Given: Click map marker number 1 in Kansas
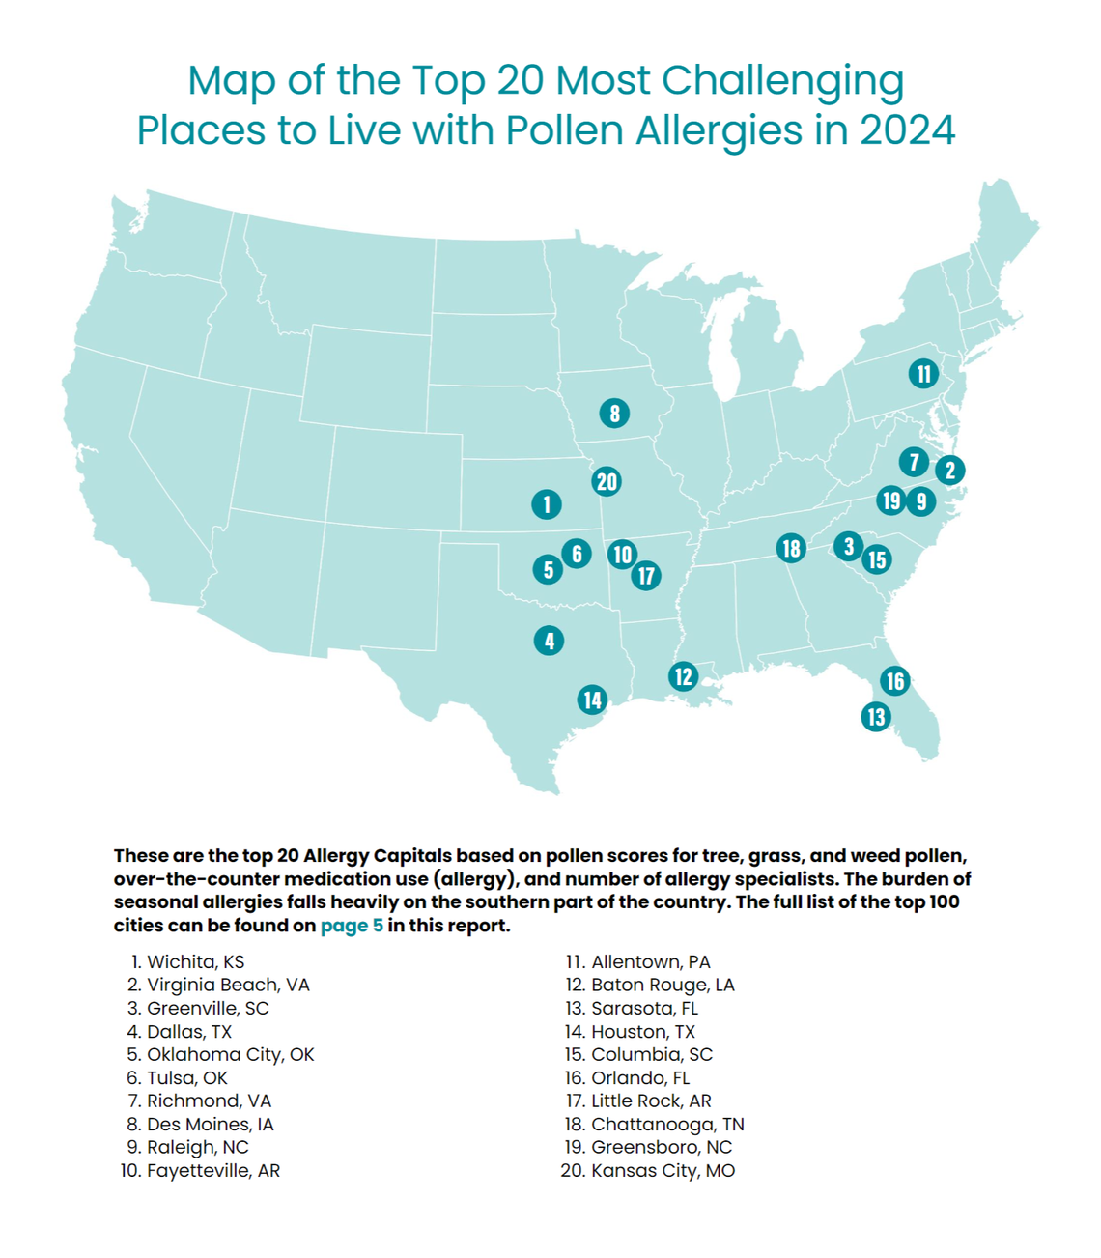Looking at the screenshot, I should pyautogui.click(x=547, y=503).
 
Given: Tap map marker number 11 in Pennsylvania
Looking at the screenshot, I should pyautogui.click(x=924, y=373).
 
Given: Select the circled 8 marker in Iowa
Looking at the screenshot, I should pyautogui.click(x=614, y=414).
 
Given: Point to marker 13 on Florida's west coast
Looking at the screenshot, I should pyautogui.click(x=876, y=716).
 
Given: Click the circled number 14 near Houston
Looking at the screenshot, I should pyautogui.click(x=592, y=700).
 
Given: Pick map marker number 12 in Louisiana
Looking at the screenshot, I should pyautogui.click(x=684, y=675).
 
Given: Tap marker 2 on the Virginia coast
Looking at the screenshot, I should pyautogui.click(x=950, y=470).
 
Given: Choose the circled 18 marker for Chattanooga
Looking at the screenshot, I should pyautogui.click(x=791, y=548).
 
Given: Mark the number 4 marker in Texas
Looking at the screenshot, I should pyautogui.click(x=549, y=640).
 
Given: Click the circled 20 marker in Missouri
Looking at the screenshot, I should pyautogui.click(x=607, y=481).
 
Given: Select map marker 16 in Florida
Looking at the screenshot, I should pyautogui.click(x=895, y=680).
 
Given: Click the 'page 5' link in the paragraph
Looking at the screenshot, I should pyautogui.click(x=352, y=926).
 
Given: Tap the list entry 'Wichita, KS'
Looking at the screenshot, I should pyautogui.click(x=195, y=961).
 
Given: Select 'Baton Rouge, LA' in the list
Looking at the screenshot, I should pyautogui.click(x=663, y=985).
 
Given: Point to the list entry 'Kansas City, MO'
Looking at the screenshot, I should pyautogui.click(x=663, y=1170).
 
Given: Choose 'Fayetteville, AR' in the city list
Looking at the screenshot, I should pyautogui.click(x=212, y=1170).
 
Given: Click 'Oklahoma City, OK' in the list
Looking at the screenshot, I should pyautogui.click(x=230, y=1054).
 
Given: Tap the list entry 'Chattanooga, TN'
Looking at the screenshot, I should pyautogui.click(x=667, y=1124).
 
